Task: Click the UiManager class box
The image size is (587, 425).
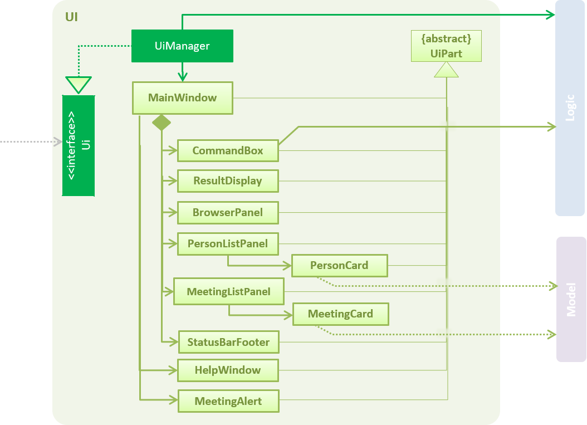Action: pos(182,46)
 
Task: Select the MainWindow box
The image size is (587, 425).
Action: pos(182,98)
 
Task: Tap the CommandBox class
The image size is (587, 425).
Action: pos(228,150)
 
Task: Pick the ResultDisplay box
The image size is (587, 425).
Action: pos(228,181)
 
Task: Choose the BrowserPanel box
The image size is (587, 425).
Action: pos(228,212)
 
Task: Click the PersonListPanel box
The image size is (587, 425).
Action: pos(228,244)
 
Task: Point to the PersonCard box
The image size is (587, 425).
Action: pos(339,266)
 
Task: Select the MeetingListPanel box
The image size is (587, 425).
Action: pos(229,291)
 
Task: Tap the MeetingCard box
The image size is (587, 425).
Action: pos(340,314)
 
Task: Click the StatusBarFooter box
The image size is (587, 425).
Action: pos(228,342)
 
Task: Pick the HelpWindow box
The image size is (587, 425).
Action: pos(228,370)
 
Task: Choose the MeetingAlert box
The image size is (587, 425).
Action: pos(228,401)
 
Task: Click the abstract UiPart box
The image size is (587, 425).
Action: pos(446,46)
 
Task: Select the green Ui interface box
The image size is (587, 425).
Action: pos(79,145)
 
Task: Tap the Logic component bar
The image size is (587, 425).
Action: pos(570,108)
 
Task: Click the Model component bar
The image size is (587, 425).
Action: pos(571,299)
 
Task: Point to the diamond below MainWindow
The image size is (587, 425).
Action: pos(162,122)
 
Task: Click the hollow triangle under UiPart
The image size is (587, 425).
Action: pos(446,70)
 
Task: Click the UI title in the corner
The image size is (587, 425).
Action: pos(71,17)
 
